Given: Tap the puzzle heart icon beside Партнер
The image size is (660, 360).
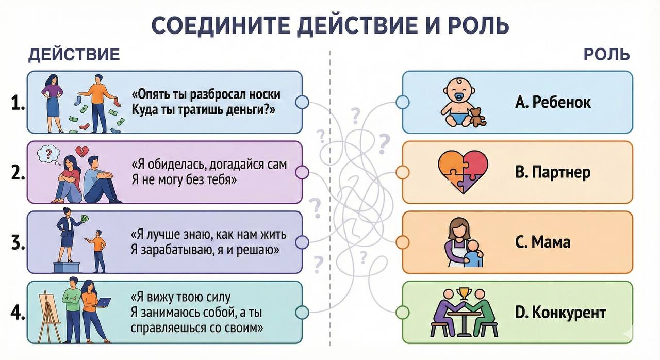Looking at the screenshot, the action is [x=463, y=172].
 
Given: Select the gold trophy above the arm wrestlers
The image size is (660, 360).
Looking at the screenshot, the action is [x=464, y=294].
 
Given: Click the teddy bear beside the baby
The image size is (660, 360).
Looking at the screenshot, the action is [x=477, y=117].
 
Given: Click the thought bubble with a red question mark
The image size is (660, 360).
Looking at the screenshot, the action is [x=48, y=155].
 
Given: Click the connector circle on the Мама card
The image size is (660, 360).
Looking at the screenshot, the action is [x=403, y=242].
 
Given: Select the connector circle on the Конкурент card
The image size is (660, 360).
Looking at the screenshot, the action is [x=403, y=312].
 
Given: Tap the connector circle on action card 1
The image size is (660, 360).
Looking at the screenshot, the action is [x=302, y=102].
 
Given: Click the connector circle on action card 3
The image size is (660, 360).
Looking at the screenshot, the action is [x=302, y=242].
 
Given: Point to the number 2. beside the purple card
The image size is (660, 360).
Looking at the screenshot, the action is [x=18, y=173].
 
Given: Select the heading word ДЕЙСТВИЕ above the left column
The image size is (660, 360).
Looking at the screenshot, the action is [x=74, y=55].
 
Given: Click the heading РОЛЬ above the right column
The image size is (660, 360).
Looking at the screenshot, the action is [x=607, y=55].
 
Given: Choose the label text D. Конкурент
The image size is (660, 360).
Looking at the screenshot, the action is [x=560, y=312].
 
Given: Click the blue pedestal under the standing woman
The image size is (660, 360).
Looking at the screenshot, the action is [x=67, y=267].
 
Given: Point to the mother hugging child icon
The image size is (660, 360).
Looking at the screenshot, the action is [x=463, y=243].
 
